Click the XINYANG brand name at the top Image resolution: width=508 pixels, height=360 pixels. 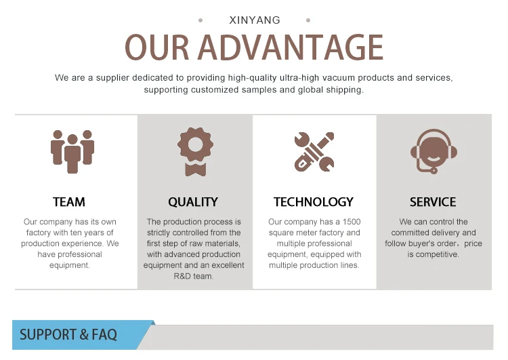[x=255, y=20]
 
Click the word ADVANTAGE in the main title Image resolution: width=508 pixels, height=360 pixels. [x=291, y=47]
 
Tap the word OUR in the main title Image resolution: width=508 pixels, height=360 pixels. [x=157, y=47]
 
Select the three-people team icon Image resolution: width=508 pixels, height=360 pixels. [x=72, y=151]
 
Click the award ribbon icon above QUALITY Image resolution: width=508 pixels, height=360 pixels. [x=195, y=151]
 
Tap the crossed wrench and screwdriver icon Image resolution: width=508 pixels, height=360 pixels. [x=314, y=151]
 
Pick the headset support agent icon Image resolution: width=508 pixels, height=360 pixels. [x=433, y=151]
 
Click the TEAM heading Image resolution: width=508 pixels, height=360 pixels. [x=69, y=202]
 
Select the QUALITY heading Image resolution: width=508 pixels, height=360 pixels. [x=193, y=202]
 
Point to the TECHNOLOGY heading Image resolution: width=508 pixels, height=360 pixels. [x=314, y=202]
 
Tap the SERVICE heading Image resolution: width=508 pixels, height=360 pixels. [x=433, y=202]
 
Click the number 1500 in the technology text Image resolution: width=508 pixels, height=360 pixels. [x=352, y=222]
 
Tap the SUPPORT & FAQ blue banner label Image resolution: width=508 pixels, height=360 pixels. [x=68, y=335]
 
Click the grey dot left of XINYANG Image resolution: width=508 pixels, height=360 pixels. [x=200, y=20]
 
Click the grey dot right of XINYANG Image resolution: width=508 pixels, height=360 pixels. [x=308, y=20]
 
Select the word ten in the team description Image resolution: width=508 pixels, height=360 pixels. [x=76, y=233]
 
